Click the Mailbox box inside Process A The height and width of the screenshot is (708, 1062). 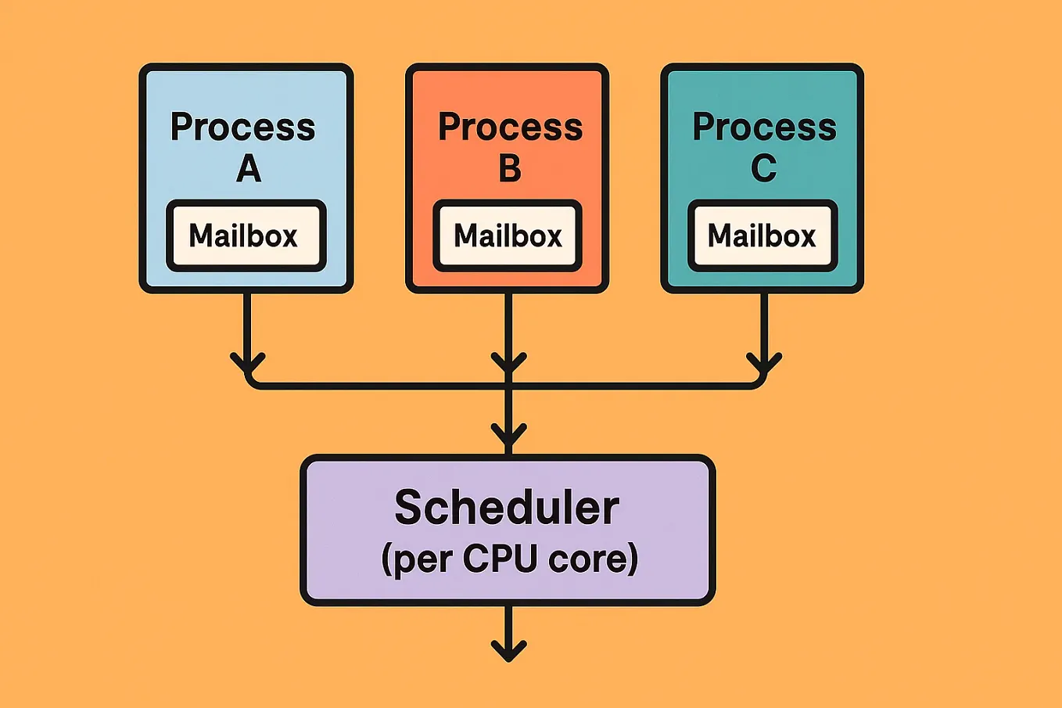(246, 235)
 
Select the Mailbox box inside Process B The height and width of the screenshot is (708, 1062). (508, 235)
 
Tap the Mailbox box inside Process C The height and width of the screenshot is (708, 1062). (762, 235)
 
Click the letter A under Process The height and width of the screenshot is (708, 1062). (249, 168)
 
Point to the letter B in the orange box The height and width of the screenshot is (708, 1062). (510, 168)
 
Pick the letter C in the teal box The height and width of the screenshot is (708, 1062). (764, 168)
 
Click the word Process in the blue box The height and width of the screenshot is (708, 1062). (242, 127)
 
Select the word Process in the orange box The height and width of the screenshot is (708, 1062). (510, 127)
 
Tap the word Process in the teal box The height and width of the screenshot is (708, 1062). (764, 127)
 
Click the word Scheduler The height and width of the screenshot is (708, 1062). (507, 507)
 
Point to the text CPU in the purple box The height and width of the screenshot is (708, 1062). (500, 559)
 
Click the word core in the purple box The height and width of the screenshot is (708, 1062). (588, 559)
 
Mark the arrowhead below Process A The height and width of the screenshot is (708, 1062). (248, 364)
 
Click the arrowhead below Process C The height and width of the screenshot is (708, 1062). (764, 364)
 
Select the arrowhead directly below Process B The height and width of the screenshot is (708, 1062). (508, 364)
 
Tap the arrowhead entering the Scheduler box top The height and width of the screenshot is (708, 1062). (508, 435)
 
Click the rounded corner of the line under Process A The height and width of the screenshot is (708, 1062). (252, 382)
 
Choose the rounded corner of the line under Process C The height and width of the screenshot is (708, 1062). (759, 382)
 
